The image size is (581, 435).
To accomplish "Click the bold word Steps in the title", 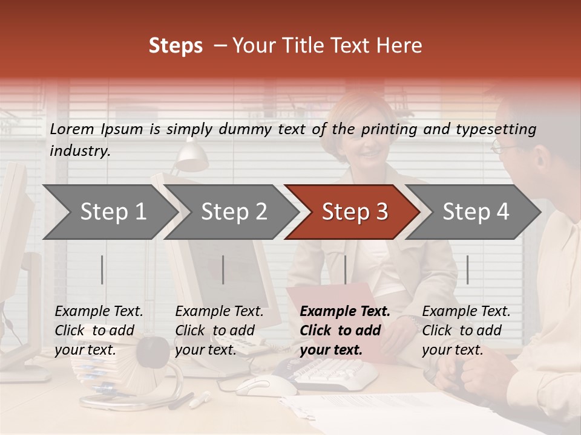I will (x=176, y=46).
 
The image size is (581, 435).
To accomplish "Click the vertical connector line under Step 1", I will (x=102, y=269).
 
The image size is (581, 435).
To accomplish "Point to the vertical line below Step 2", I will (x=223, y=269).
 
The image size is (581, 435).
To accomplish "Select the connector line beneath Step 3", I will (x=345, y=269).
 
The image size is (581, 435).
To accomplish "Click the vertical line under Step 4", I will (x=467, y=269).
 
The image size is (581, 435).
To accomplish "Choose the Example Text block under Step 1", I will (x=99, y=330).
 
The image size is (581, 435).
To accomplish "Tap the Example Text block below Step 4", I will (x=466, y=330).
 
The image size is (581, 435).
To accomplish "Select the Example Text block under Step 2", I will (x=219, y=330).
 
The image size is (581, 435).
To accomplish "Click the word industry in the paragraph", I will (x=79, y=151).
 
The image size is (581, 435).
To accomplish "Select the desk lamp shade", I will (x=193, y=159).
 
